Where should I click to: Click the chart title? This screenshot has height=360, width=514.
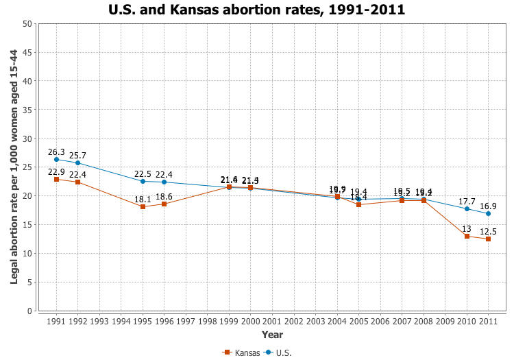[x=256, y=10]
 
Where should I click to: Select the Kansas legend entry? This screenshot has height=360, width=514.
[x=242, y=352]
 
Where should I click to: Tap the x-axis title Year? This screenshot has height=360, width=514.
[x=272, y=335]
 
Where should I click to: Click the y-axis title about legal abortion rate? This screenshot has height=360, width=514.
[x=14, y=167]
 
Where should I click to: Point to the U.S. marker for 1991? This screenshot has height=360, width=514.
[x=56, y=159]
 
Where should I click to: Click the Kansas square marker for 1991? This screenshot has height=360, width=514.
[x=56, y=179]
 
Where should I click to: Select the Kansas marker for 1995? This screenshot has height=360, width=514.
[x=143, y=206]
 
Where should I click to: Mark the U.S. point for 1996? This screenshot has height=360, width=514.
[x=164, y=182]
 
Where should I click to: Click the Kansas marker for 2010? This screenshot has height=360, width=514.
[x=467, y=236]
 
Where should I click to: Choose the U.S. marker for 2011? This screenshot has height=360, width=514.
[x=488, y=213]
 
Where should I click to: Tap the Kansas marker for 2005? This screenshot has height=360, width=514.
[x=358, y=204]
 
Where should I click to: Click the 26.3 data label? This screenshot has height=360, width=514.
[x=56, y=152]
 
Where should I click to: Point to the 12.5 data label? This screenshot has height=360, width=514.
[x=488, y=232]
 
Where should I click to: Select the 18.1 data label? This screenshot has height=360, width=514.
[x=143, y=199]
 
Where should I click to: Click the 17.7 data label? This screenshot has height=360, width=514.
[x=467, y=202]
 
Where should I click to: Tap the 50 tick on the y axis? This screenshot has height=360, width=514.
[x=27, y=23]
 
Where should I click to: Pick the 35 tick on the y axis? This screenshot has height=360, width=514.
[x=27, y=110]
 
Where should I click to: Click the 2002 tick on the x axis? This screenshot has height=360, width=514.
[x=293, y=321]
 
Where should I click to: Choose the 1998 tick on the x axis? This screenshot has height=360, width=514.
[x=207, y=321]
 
